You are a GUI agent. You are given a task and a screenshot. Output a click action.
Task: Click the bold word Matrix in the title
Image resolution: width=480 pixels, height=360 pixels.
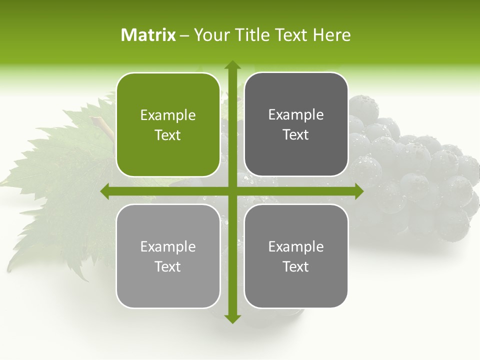148,35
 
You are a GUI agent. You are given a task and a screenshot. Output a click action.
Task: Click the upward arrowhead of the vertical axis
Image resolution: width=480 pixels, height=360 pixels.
232,64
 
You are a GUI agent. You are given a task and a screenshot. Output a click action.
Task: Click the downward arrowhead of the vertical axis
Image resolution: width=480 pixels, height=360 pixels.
232,319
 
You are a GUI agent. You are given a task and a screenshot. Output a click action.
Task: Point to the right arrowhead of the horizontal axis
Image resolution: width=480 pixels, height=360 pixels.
359,191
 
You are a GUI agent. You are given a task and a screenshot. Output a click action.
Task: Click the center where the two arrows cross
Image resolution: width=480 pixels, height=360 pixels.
232,191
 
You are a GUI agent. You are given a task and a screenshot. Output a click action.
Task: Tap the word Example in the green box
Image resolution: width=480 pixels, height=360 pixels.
168,115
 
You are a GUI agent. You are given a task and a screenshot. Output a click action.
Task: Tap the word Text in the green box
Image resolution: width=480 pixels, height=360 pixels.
168,135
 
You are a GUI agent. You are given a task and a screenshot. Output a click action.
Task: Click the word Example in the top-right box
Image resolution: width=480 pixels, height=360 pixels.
296,115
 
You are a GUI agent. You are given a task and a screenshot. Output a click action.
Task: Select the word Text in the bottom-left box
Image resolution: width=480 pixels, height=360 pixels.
168,266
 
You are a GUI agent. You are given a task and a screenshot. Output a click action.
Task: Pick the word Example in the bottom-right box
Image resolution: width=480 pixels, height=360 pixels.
296,246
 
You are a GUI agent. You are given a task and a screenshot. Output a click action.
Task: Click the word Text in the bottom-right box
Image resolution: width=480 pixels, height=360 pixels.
296,266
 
